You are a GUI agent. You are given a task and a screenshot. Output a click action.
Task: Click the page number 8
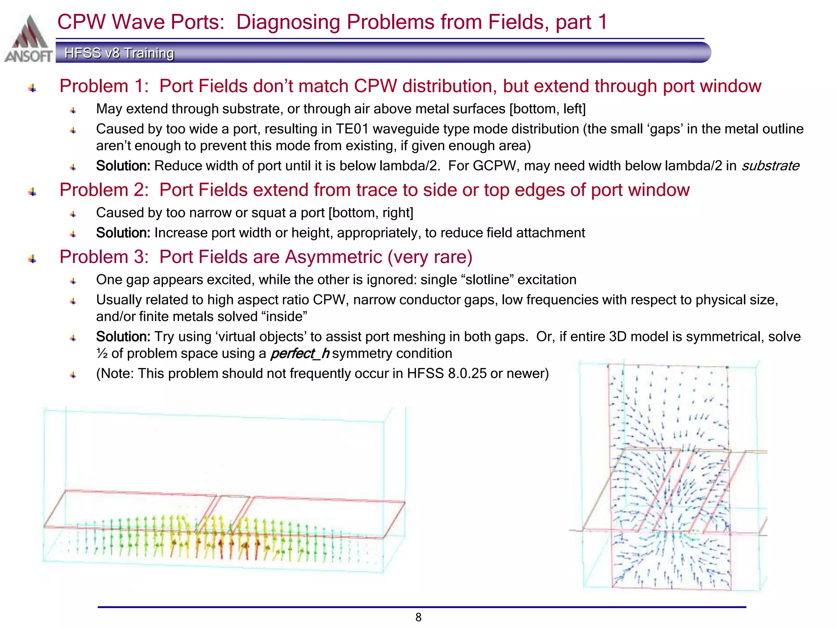point(418,617)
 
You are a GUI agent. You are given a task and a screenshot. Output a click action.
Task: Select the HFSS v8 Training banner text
point(119,53)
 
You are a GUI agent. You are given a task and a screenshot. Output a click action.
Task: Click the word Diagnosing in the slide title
point(288,22)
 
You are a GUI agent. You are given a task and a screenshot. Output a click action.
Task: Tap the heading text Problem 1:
point(104,86)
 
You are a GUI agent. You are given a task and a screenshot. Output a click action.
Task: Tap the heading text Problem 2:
point(104,190)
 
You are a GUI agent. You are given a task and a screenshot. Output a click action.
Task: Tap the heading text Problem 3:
point(104,257)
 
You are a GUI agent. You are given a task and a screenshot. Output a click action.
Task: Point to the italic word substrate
point(770,166)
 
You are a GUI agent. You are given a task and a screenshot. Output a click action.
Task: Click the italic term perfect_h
point(300,354)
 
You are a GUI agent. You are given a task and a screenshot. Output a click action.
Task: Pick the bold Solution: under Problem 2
point(123,233)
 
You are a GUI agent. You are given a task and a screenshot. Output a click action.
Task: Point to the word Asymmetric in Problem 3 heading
point(333,257)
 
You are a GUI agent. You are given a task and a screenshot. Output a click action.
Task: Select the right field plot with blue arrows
point(670,476)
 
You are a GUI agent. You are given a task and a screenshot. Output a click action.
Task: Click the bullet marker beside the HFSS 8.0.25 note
point(73,375)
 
